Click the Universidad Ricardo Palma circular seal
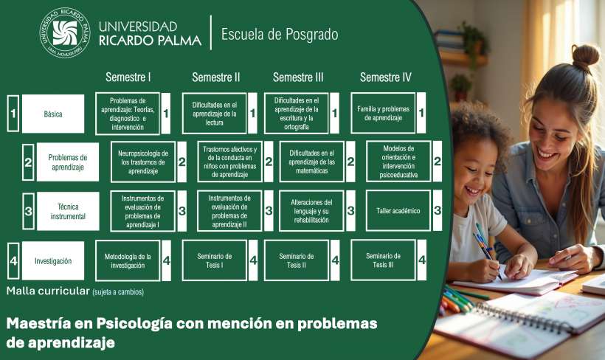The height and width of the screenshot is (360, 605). click(x=65, y=32)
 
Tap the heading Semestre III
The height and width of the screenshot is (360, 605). click(x=298, y=77)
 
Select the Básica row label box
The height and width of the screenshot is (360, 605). click(x=53, y=114)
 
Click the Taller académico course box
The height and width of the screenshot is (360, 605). click(x=398, y=211)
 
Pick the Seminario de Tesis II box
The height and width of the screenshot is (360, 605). click(x=297, y=260)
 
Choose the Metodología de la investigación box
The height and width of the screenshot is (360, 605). click(x=128, y=261)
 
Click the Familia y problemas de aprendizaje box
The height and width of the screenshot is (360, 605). click(x=383, y=113)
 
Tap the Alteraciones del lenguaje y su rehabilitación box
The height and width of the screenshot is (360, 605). click(x=311, y=211)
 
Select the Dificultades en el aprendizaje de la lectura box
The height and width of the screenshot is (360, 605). click(x=215, y=114)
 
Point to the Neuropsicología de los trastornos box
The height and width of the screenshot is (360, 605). click(x=143, y=162)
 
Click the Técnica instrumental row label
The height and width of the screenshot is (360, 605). click(x=68, y=212)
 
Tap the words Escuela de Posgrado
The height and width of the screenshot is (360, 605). click(x=280, y=35)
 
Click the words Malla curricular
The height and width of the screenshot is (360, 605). click(x=48, y=291)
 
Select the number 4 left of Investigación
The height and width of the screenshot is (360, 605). click(x=13, y=261)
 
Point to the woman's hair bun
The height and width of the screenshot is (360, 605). click(x=585, y=56)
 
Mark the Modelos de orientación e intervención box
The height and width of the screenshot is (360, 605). click(x=398, y=162)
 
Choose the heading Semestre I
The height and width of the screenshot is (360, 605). click(x=128, y=77)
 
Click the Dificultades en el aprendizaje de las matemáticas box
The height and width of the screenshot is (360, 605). click(x=312, y=162)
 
